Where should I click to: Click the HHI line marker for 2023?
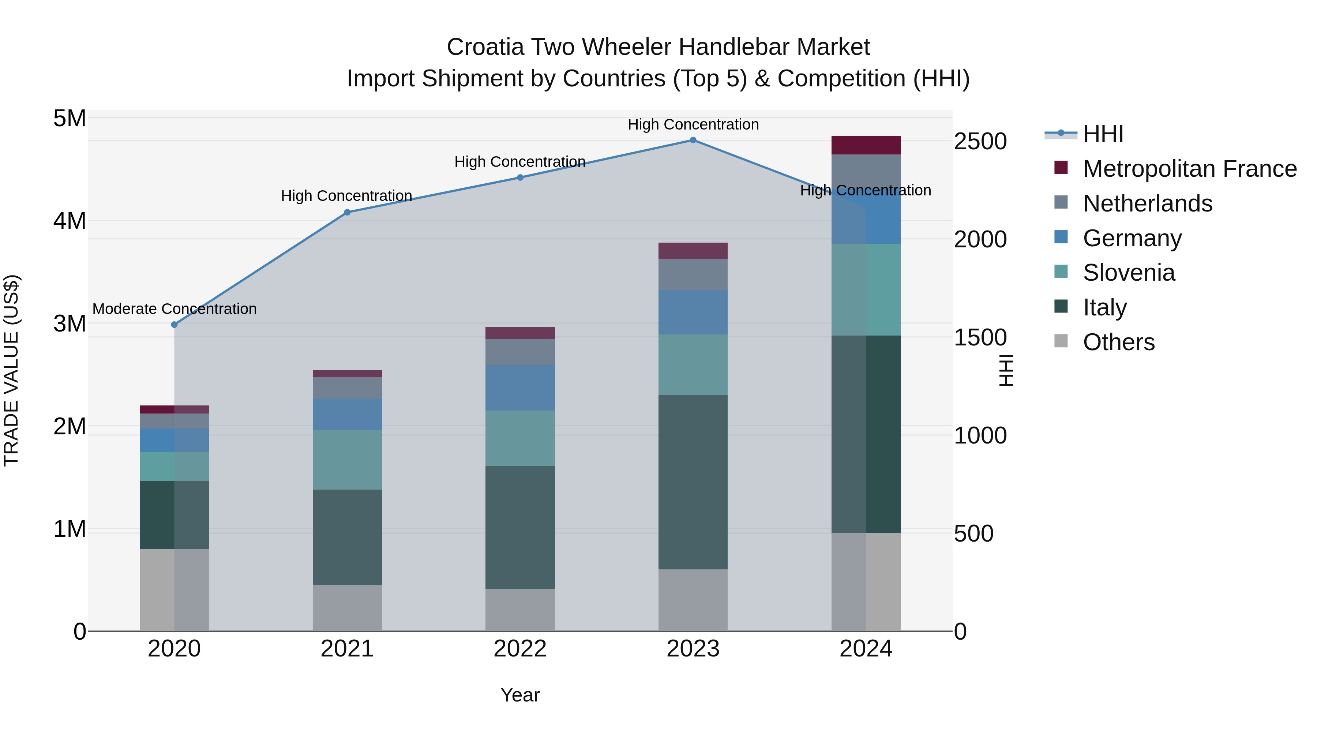point(693,140)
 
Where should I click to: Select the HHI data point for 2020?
point(175,325)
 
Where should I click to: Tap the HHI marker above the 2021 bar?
point(347,212)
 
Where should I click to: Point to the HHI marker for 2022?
point(520,177)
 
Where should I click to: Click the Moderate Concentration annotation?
point(175,309)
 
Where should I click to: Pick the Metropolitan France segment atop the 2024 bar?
point(866,145)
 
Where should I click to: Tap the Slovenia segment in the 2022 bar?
point(520,438)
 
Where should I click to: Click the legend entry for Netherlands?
point(1147,203)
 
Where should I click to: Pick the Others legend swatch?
point(1061,341)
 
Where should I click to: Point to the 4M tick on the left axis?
point(70,221)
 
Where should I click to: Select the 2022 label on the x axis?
point(520,649)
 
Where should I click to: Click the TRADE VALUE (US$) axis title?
point(11,370)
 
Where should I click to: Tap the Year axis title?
point(520,695)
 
